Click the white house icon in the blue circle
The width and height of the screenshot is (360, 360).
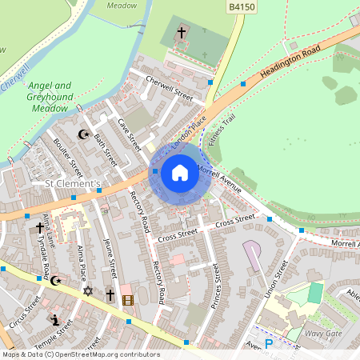pos(180,173)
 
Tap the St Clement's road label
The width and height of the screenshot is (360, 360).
pos(71,186)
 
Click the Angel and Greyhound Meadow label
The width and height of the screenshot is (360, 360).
pos(50,96)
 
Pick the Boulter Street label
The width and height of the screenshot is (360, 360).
pos(68,157)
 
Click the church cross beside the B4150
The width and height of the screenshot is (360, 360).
pos(182,33)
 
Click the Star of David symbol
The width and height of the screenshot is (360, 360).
pos(88,292)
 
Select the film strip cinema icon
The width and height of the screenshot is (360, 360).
pos(128,300)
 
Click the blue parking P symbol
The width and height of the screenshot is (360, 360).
pos(269,344)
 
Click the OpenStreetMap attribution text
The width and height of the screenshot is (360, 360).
pos(80,354)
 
